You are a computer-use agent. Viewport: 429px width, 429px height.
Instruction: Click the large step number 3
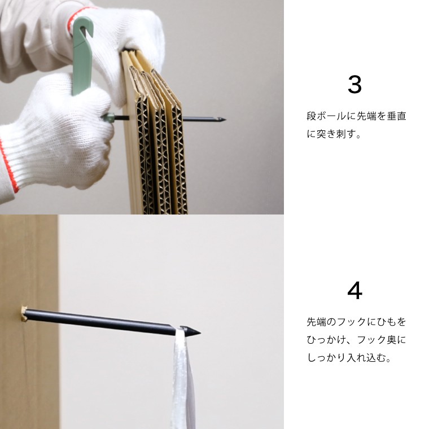(354, 85)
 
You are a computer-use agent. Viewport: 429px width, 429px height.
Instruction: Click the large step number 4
(354, 291)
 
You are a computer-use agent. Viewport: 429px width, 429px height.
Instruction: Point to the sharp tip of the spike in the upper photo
(225, 119)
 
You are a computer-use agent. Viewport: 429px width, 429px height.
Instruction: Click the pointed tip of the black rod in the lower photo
(200, 333)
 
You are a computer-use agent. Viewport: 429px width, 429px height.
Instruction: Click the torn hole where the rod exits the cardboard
(24, 314)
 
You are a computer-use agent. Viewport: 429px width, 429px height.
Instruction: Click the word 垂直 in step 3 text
(396, 116)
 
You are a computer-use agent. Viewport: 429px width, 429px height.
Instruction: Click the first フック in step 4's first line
(352, 322)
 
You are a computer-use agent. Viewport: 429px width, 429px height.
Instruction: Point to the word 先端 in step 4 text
(316, 322)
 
